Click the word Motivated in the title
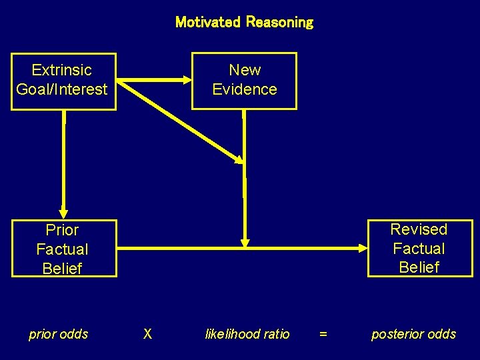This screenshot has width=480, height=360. tap(207, 22)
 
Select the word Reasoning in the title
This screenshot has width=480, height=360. tap(279, 22)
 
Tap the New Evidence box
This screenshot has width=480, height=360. tap(244, 81)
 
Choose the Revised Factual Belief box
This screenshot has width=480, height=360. tap(419, 248)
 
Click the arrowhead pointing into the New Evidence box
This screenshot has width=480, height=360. tap(185, 80)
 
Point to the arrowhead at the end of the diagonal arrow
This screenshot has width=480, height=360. tap(238, 158)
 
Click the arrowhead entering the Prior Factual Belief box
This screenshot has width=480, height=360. tap(64, 213)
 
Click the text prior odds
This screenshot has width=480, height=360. tap(58, 334)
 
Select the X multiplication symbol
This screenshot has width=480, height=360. tap(147, 334)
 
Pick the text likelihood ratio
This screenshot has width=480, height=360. tap(247, 334)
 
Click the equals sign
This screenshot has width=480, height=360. tap(323, 335)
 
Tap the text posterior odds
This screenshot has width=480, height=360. tap(413, 334)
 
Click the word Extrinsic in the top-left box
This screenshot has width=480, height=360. tap(62, 70)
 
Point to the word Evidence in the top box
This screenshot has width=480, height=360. tap(245, 89)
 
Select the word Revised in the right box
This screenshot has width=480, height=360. tap(419, 229)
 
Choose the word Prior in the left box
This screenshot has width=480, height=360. tap(62, 230)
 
